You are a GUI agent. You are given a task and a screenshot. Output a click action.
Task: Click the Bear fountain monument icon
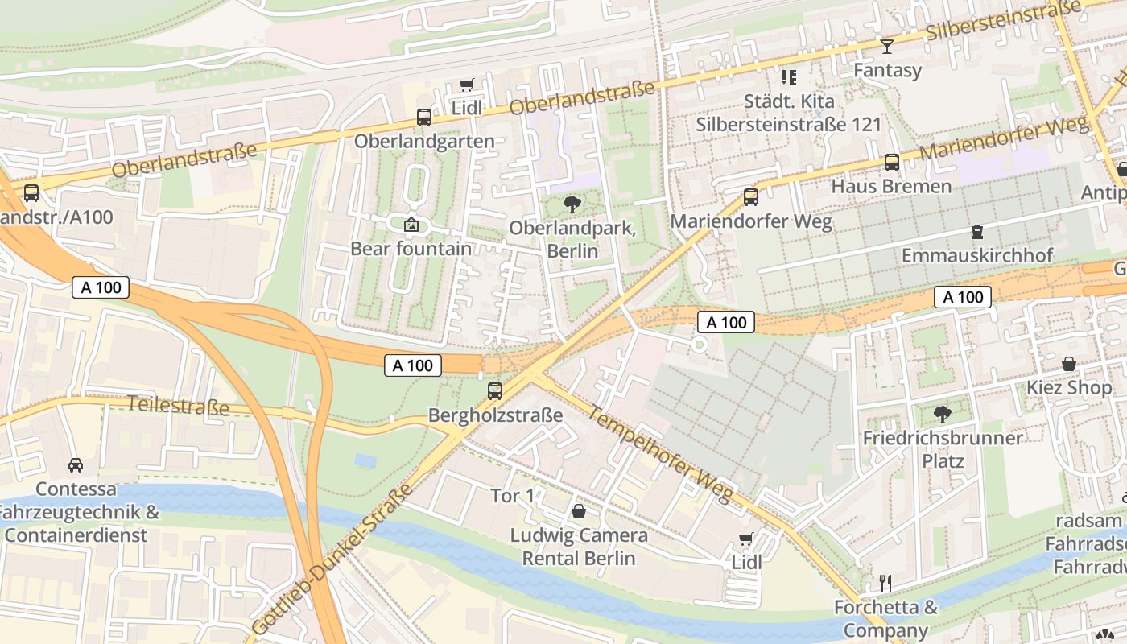[x=411, y=224]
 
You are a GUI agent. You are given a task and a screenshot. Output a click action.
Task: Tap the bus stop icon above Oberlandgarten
[x=424, y=118]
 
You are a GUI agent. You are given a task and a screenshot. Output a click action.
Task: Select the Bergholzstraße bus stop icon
[x=495, y=391]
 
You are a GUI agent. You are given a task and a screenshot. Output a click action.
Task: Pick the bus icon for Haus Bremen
[x=892, y=163]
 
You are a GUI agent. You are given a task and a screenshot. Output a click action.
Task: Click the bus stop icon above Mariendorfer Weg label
[x=751, y=196]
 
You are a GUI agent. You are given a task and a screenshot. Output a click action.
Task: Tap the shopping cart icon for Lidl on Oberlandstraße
[x=466, y=85]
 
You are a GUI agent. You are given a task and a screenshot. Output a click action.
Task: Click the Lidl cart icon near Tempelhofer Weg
[x=746, y=539]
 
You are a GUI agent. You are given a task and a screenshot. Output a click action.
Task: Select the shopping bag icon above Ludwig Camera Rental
[x=578, y=511]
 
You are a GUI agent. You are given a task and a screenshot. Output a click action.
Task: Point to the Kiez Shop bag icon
[x=1069, y=364]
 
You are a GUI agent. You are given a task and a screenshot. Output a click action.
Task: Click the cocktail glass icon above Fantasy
[x=887, y=47]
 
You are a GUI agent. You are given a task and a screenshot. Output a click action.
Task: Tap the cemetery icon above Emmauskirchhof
[x=977, y=232]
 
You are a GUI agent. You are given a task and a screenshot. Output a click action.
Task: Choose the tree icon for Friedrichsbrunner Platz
[x=942, y=415]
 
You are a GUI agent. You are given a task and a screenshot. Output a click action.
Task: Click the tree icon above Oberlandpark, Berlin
[x=572, y=204]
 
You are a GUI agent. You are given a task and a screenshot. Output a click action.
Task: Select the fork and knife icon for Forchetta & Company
[x=885, y=583]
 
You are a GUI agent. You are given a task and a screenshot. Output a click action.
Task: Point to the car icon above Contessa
[x=76, y=465]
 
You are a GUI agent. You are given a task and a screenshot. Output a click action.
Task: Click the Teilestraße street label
[x=179, y=405]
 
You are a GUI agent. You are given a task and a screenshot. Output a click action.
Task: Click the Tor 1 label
[x=513, y=496]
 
